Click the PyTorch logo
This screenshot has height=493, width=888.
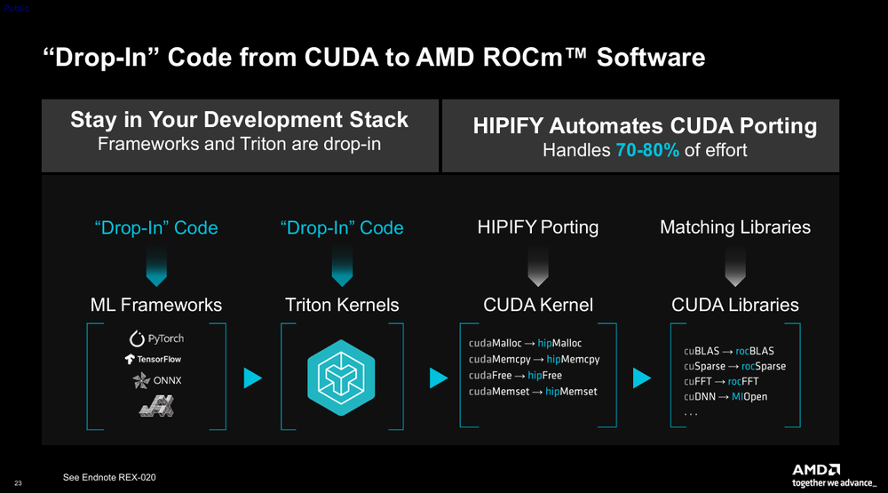point(156,338)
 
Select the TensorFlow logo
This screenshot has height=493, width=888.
point(153,359)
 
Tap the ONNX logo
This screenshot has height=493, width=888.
point(157,380)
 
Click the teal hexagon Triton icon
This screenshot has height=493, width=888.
point(341,378)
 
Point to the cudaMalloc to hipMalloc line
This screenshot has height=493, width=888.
point(525,343)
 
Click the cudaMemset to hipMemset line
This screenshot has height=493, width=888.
point(533,392)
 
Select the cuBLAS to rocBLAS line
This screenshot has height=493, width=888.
point(729,352)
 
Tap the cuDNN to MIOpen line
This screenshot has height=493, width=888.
point(725,397)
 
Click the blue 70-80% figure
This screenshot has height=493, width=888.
point(647,150)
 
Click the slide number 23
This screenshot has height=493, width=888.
point(18,483)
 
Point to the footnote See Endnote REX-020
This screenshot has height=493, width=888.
point(109,477)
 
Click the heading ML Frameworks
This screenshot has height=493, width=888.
point(156,305)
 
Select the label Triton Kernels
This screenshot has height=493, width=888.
point(342,305)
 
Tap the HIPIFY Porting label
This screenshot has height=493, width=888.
point(538,227)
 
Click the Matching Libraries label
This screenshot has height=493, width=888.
point(735,227)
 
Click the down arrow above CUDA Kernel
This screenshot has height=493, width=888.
point(538,266)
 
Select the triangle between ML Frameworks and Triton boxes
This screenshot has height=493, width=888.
point(252,378)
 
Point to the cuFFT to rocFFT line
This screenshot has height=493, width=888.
point(721,381)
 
